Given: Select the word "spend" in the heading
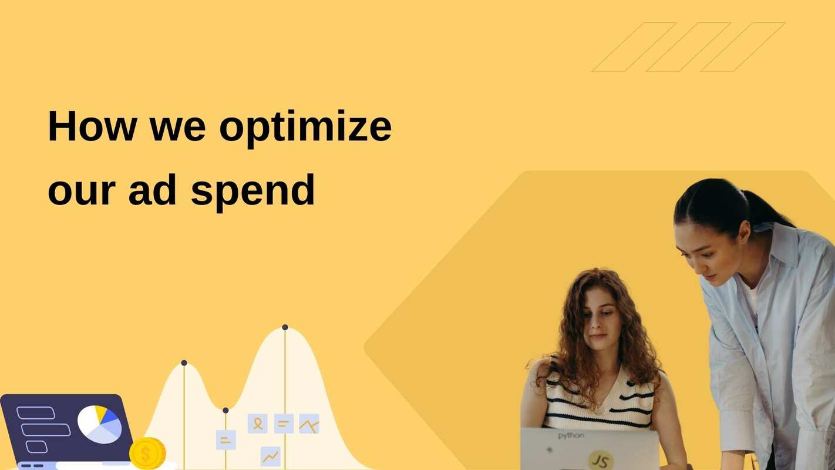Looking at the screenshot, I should [253, 192].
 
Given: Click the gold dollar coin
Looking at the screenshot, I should [147, 454].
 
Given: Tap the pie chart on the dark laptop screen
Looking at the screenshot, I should [99, 424].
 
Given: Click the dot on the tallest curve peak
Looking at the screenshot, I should [285, 327].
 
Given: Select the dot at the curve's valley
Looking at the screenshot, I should [225, 410].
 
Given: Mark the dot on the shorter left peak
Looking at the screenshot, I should [184, 363].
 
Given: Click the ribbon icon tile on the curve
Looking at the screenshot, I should [257, 423].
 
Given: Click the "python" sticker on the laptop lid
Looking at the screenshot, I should [571, 436].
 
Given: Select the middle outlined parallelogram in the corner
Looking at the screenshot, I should [688, 47].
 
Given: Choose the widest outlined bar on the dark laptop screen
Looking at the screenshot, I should [46, 430].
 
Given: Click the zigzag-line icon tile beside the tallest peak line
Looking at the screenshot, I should [309, 424].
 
